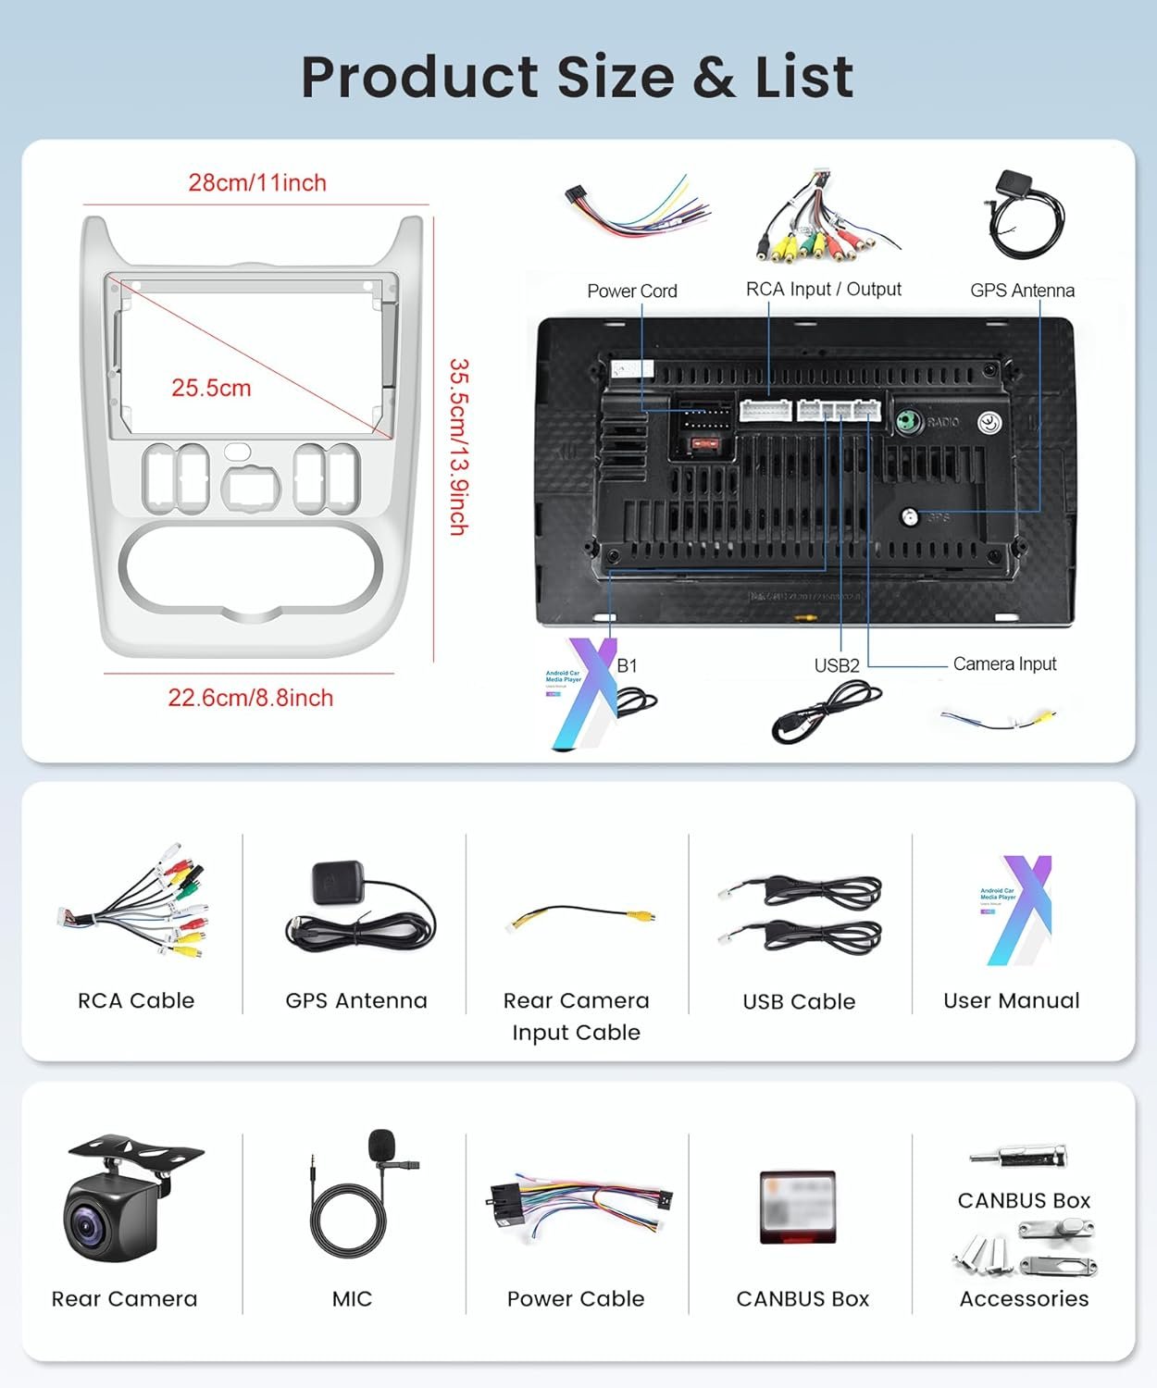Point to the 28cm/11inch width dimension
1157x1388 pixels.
(x=257, y=182)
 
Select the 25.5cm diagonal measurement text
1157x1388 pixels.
(x=211, y=388)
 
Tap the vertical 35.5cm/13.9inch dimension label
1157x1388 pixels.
(x=458, y=447)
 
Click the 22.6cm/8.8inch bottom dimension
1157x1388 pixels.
(x=250, y=698)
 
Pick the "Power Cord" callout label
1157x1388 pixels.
(x=632, y=291)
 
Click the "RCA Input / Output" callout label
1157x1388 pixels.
(x=823, y=289)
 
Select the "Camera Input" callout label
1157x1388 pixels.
(x=1004, y=663)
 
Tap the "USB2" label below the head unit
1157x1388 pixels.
(x=837, y=665)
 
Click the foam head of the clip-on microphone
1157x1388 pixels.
(x=381, y=1146)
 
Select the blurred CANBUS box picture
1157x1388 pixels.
(x=798, y=1207)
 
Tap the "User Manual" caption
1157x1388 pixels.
(x=1011, y=1000)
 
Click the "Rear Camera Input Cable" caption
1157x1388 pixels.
(x=576, y=1016)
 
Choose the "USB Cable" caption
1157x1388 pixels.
(x=799, y=1001)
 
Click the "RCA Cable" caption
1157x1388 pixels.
(x=136, y=1000)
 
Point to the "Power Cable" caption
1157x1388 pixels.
(x=576, y=1298)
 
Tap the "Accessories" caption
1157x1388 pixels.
(x=1024, y=1298)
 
